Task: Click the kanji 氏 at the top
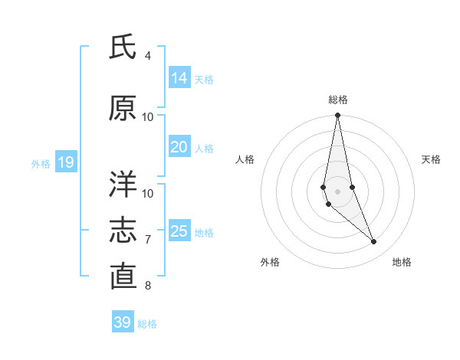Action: point(123,47)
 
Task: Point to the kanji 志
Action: point(123,230)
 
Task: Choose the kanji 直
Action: point(123,276)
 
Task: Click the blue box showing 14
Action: point(179,78)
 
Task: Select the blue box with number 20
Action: point(179,148)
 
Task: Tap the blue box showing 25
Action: point(179,231)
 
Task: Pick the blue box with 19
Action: point(65,162)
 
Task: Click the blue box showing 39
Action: point(123,322)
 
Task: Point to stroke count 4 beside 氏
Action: point(148,56)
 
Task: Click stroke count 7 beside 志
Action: point(148,240)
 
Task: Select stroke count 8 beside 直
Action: point(148,286)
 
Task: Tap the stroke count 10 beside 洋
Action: point(148,193)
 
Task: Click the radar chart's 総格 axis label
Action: point(338,100)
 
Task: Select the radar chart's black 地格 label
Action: point(402,262)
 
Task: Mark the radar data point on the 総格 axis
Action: point(337,116)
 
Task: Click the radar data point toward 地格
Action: point(374,242)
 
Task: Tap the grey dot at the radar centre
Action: point(337,191)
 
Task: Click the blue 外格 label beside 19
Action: point(40,163)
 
